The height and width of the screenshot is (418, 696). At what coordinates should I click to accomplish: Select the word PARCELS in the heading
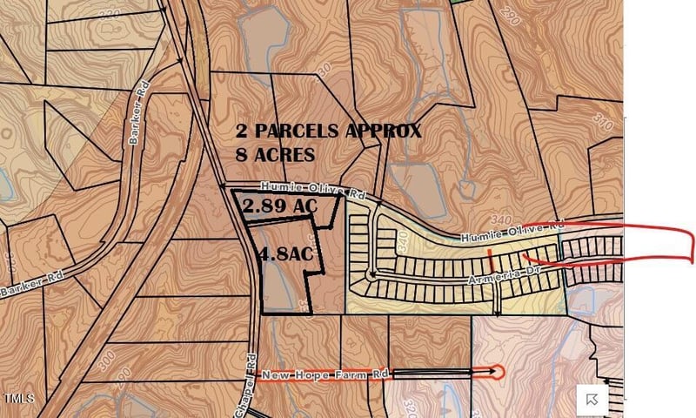click(296, 131)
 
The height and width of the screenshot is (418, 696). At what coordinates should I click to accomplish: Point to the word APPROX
click(384, 131)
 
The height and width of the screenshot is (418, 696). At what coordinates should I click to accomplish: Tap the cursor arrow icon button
click(592, 398)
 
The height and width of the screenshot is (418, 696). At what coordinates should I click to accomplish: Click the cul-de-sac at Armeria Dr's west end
click(372, 275)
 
